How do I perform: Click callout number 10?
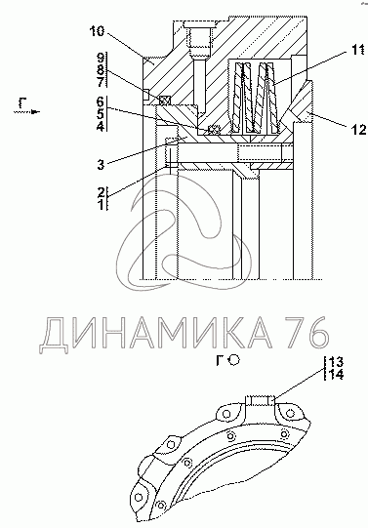[x=98, y=31]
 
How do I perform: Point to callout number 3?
[x=101, y=165]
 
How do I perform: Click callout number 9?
[x=102, y=58]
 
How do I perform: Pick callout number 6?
[x=101, y=102]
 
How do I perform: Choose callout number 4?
[x=101, y=126]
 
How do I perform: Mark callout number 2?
[x=102, y=192]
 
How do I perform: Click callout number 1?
[x=102, y=204]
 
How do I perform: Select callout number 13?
[x=336, y=362]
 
